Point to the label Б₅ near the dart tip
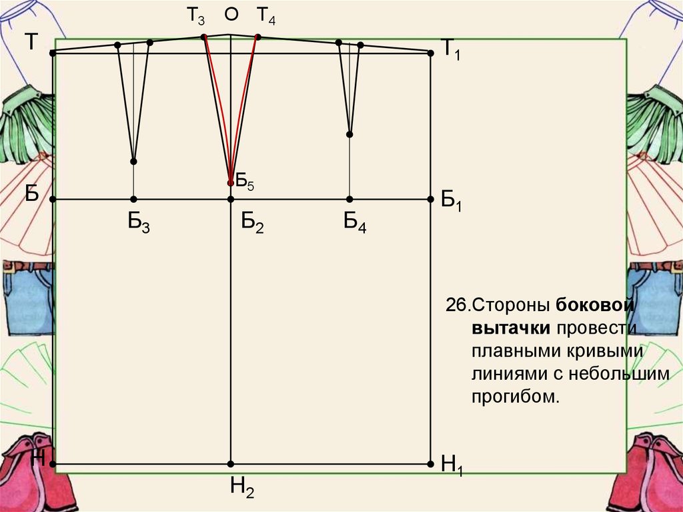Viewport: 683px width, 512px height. tap(245, 180)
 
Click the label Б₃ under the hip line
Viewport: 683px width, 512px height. tap(139, 223)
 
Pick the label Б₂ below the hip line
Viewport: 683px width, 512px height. tap(253, 223)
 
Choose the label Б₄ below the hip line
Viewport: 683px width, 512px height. tap(355, 223)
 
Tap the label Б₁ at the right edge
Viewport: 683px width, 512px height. tap(451, 200)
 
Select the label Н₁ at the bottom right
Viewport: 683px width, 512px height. tap(452, 465)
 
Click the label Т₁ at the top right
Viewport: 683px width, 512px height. tap(451, 50)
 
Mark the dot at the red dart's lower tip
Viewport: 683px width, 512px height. tap(231, 182)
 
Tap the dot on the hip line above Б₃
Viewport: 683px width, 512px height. tap(133, 199)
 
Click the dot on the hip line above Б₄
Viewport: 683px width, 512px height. tap(350, 199)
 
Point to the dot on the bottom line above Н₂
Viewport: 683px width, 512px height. tap(231, 463)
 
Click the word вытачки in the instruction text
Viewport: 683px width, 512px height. tap(511, 328)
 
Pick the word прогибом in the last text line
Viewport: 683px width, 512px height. tap(514, 397)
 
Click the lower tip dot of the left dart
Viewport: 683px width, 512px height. tap(133, 162)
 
